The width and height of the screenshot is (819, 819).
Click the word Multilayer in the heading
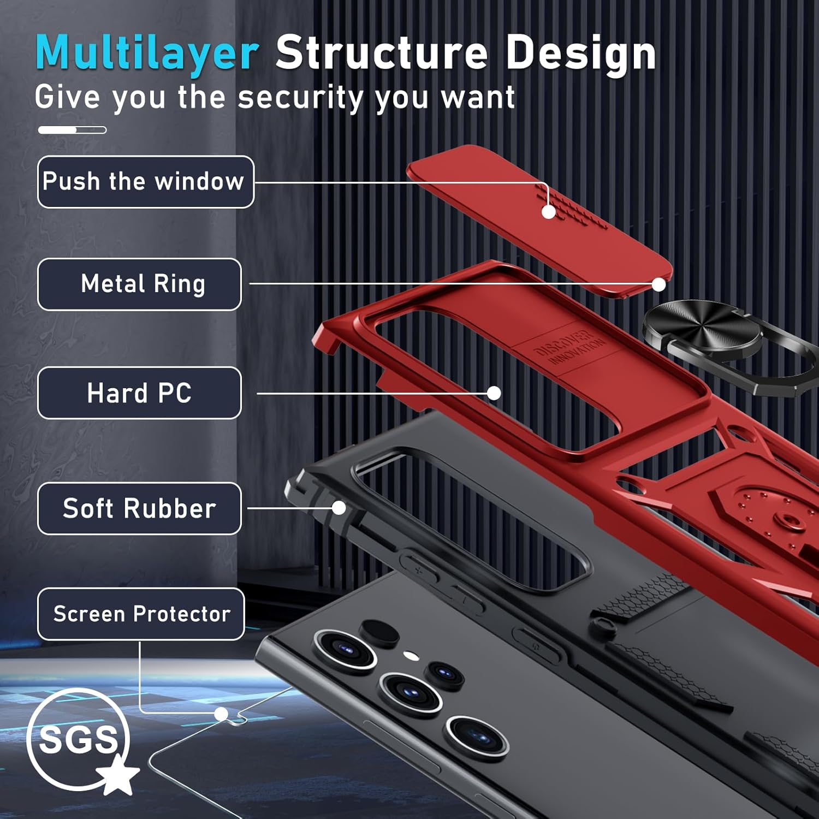(146, 53)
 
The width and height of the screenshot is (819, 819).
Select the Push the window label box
(146, 182)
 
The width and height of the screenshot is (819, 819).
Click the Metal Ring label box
(140, 284)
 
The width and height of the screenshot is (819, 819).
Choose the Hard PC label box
(140, 393)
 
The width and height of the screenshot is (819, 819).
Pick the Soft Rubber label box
(140, 508)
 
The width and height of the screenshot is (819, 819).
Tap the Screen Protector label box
(141, 614)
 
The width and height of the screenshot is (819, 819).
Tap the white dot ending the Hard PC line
(494, 393)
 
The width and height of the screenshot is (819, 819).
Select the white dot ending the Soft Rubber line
(339, 508)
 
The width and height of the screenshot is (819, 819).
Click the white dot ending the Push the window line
(549, 212)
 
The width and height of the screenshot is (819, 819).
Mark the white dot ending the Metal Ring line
(659, 284)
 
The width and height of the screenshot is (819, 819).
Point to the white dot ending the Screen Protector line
(221, 714)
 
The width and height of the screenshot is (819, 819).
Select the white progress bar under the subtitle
(72, 130)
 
